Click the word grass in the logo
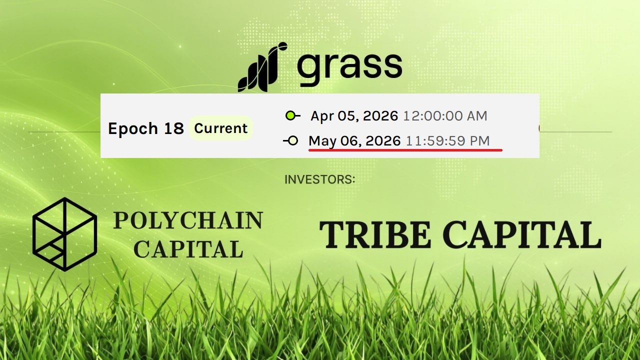point(349,69)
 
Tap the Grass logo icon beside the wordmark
point(262,67)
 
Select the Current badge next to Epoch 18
point(220,128)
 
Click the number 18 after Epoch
point(173,128)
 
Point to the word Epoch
point(132,129)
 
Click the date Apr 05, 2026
point(354,116)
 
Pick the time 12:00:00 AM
point(445,115)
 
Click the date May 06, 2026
point(354,141)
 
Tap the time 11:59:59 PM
point(447,140)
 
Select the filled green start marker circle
point(290,115)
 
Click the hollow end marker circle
point(293,140)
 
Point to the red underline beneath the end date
point(405,150)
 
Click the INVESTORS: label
point(320,179)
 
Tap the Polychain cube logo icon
point(65,234)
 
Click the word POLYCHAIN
point(188,220)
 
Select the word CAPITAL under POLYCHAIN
point(188,249)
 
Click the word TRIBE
point(375,234)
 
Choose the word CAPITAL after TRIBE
point(522,234)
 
